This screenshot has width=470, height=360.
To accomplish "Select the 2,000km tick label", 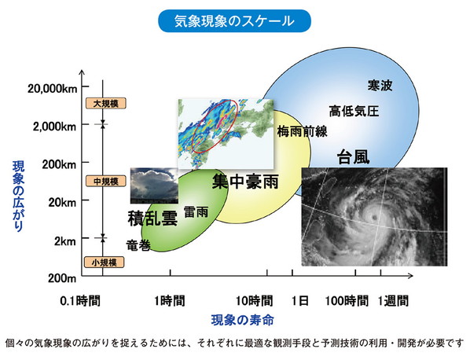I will pos(55,126).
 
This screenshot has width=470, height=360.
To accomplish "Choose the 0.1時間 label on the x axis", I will pos(82,300).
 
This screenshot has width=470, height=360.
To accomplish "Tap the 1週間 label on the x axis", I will pos(393,300).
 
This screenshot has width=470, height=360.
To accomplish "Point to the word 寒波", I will pos(380,85).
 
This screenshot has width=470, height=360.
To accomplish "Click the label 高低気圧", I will pos(354,111).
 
